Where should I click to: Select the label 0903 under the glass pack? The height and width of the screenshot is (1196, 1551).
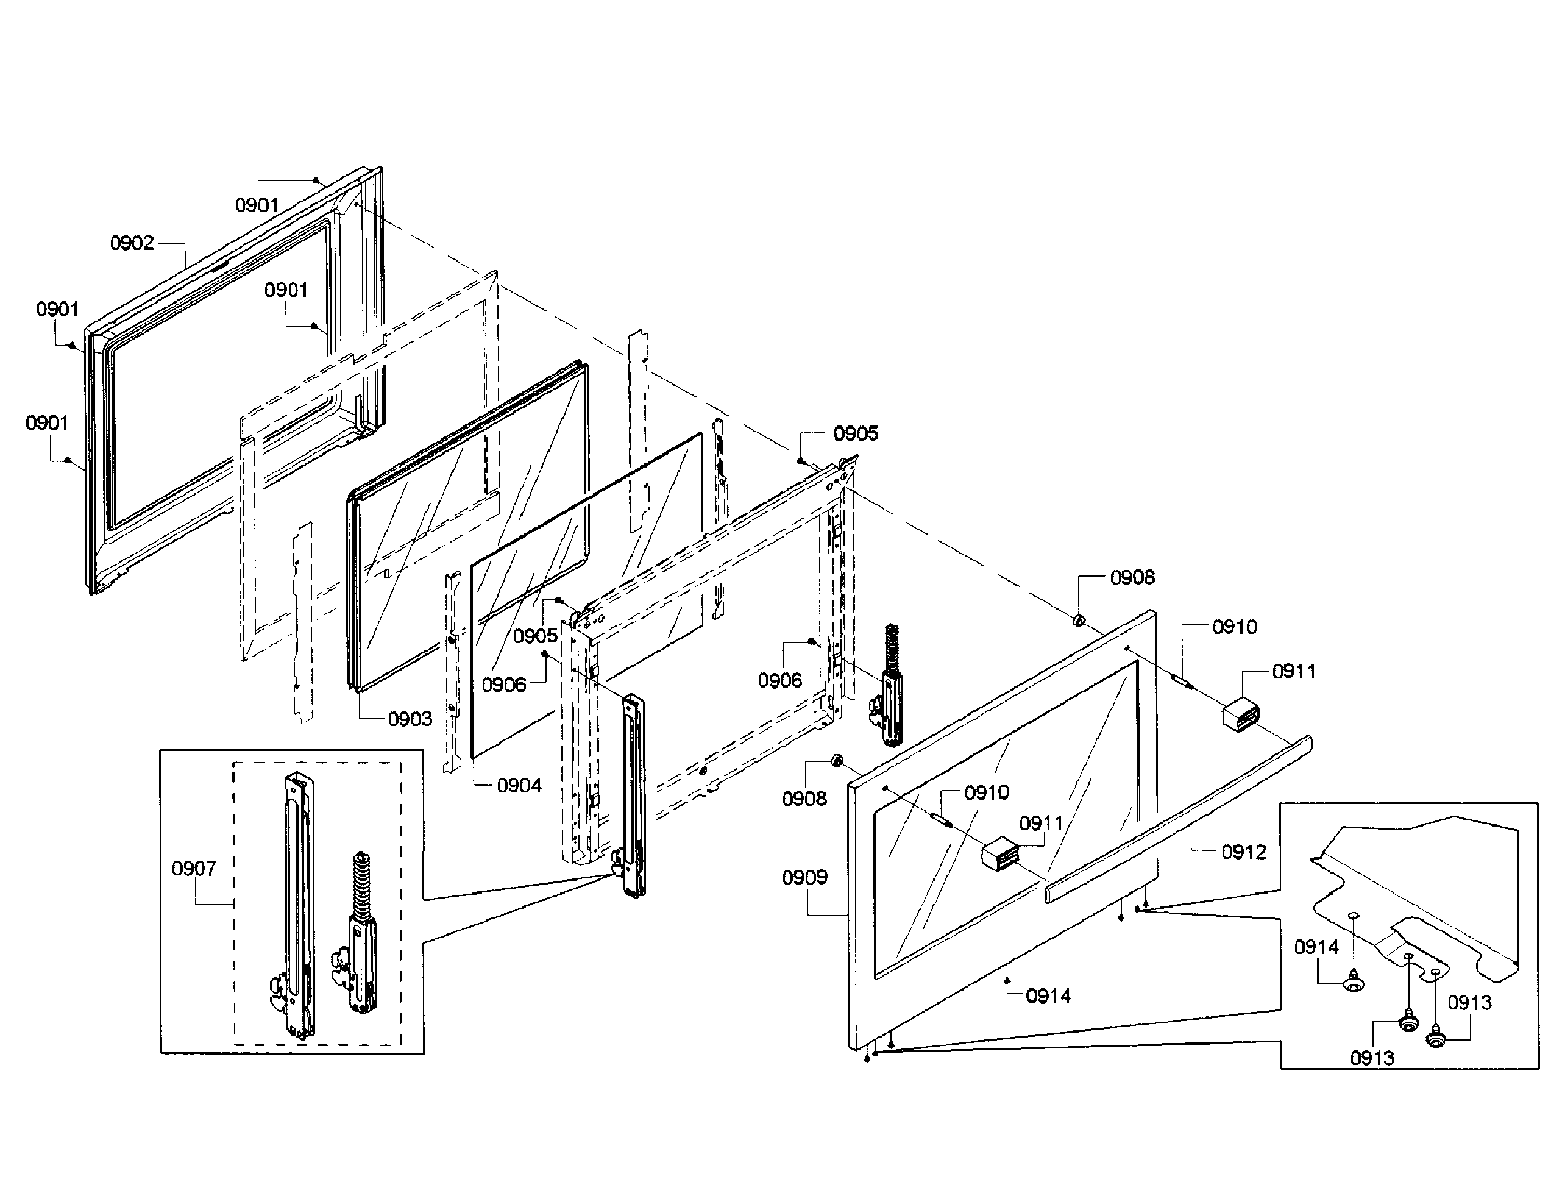pos(410,719)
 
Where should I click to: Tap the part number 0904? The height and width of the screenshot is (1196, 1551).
pos(519,786)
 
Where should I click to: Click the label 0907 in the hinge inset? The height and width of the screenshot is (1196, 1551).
pos(194,869)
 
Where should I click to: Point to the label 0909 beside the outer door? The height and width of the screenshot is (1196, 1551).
pos(804,878)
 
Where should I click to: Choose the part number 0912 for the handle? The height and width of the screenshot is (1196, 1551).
pos(1243,852)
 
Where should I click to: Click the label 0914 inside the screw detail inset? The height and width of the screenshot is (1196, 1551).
pos(1316,947)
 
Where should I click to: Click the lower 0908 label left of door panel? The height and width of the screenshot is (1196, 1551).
pos(804,799)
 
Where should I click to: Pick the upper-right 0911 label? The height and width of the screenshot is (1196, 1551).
pos(1293,671)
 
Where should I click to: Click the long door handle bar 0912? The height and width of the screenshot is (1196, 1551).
pos(1179,820)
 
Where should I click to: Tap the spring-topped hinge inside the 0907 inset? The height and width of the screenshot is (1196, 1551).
pos(358,938)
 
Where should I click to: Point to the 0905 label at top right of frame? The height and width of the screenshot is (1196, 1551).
pos(855,434)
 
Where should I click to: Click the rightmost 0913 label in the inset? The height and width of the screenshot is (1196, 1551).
pos(1469,1003)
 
